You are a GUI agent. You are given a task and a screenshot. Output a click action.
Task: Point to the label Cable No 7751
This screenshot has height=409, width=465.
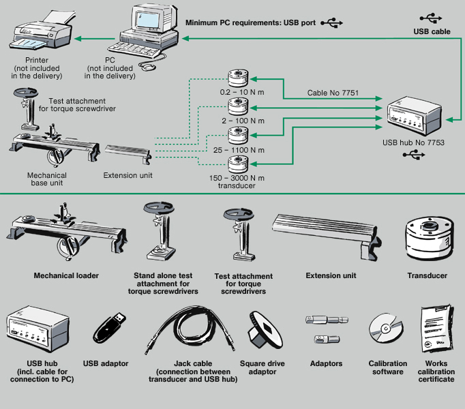coord(333,92)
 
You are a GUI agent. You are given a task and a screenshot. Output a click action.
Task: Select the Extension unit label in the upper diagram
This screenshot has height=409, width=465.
coord(127,176)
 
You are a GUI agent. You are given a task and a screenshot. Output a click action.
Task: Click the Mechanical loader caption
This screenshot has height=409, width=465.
coord(66,276)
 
